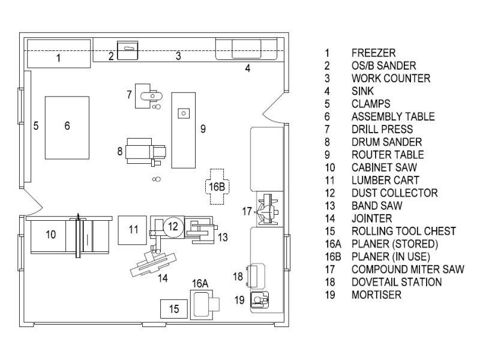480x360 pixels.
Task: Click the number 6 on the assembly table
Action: coord(67,125)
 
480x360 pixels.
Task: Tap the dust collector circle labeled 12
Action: coord(173,226)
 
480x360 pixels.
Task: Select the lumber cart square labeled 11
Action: coord(132,230)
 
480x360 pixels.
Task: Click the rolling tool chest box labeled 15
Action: coord(174,309)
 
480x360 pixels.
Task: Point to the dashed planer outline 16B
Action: coord(217,187)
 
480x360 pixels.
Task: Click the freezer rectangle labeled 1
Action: coord(59,53)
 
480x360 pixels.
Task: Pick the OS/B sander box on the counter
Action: coord(128,50)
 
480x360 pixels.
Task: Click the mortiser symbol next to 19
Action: coord(260,299)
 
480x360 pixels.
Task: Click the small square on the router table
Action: coord(184,113)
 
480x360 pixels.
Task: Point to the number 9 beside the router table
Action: coord(203,129)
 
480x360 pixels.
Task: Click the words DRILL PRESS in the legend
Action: coord(382,129)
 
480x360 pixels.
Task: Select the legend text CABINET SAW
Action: coord(384,167)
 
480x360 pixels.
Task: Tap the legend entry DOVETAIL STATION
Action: coord(397,282)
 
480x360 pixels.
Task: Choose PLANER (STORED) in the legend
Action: coord(395,244)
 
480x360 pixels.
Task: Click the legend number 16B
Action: coord(333,257)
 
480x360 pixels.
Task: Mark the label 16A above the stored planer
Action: coord(200,283)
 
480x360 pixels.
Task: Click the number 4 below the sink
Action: coord(247,68)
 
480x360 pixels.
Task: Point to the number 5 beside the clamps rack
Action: coord(36,125)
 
